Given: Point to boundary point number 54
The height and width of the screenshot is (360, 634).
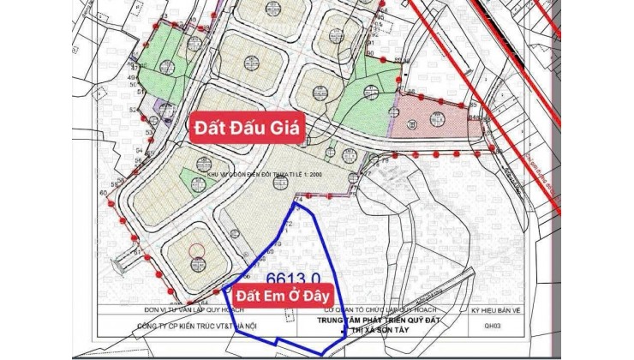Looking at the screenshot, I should pos(137,150).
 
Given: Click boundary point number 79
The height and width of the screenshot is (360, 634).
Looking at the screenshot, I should pos(385,159).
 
